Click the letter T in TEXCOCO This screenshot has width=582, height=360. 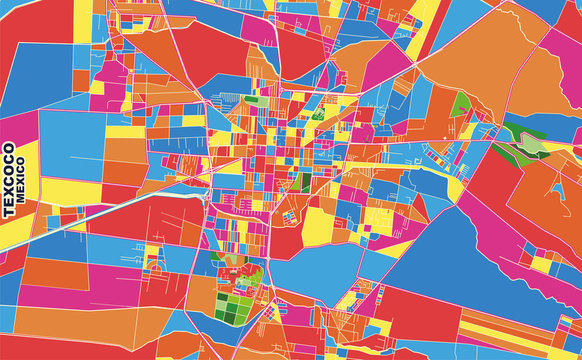click(9, 213)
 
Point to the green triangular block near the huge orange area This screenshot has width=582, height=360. click(460, 106)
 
